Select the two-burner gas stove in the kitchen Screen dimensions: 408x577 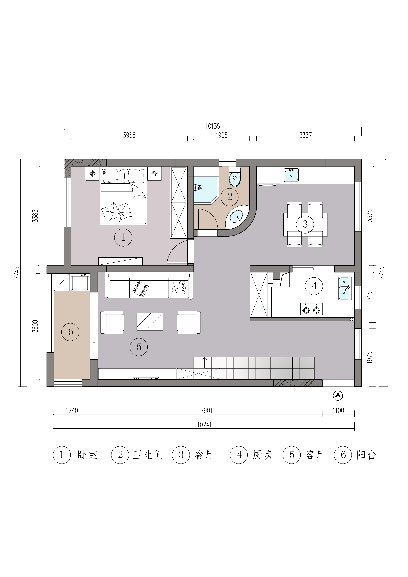click(311, 309)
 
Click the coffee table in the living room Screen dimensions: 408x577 click(150, 322)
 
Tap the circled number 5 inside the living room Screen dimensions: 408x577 click(139, 347)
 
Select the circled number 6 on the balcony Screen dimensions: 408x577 click(71, 332)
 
